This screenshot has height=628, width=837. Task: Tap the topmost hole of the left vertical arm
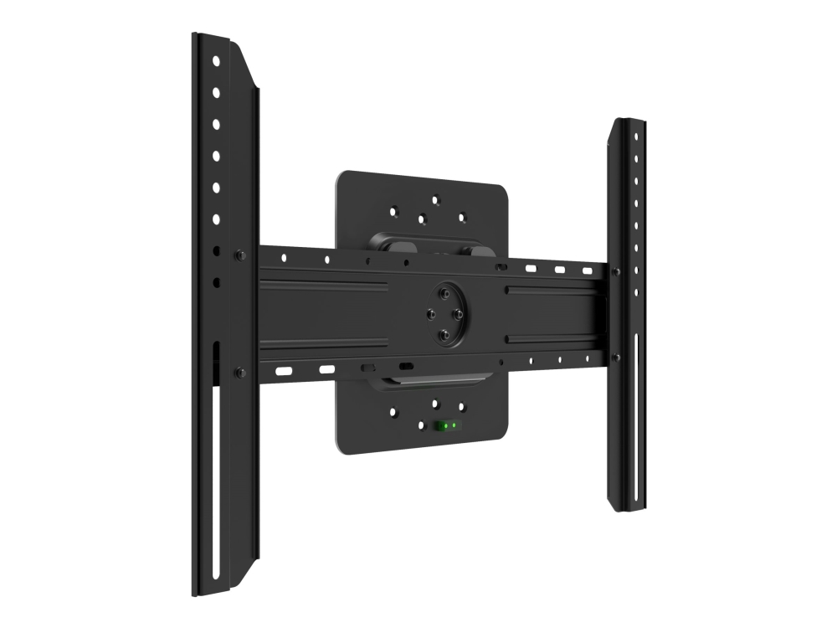(216, 61)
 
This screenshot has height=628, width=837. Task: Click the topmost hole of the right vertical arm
(635, 135)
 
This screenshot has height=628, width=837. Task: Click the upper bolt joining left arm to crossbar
(240, 255)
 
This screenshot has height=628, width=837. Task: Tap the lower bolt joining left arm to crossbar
(240, 372)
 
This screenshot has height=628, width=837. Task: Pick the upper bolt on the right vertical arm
(616, 271)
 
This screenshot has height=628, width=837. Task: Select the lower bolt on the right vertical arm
(616, 358)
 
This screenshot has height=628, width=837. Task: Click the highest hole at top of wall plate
(435, 199)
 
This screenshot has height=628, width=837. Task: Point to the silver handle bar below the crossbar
(431, 381)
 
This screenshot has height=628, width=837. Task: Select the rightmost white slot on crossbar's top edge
(588, 271)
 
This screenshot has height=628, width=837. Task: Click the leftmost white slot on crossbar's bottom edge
(285, 369)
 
